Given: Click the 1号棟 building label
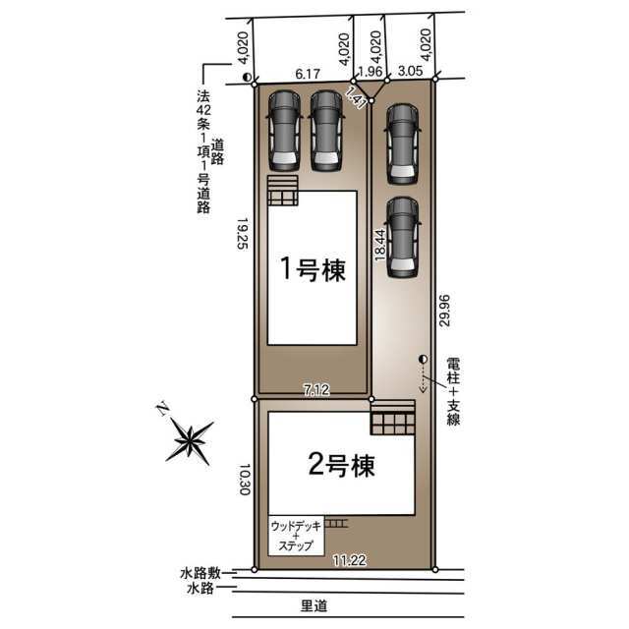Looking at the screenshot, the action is pyautogui.click(x=313, y=268).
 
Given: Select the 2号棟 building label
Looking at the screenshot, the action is pyautogui.click(x=342, y=465).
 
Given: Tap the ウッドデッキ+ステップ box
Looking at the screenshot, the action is pyautogui.click(x=296, y=536).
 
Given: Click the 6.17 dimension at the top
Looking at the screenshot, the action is pyautogui.click(x=308, y=74).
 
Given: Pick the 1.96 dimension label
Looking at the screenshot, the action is pyautogui.click(x=370, y=72).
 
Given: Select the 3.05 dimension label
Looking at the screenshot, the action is pyautogui.click(x=411, y=71).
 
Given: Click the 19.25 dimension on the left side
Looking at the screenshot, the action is pyautogui.click(x=243, y=234).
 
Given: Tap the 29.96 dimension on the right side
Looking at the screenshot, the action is pyautogui.click(x=444, y=311).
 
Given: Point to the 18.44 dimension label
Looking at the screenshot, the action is pyautogui.click(x=380, y=245).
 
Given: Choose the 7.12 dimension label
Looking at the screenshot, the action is pyautogui.click(x=316, y=390).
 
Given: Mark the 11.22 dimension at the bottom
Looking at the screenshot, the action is pyautogui.click(x=350, y=560).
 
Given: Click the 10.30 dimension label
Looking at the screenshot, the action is pyautogui.click(x=245, y=480).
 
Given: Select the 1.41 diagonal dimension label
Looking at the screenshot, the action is pyautogui.click(x=356, y=96).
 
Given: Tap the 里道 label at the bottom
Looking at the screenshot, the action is pyautogui.click(x=314, y=605).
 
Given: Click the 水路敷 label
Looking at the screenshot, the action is pyautogui.click(x=200, y=573).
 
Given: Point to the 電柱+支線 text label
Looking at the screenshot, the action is pyautogui.click(x=453, y=391).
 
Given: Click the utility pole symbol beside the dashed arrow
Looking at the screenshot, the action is pyautogui.click(x=423, y=359).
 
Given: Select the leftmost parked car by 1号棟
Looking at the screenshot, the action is pyautogui.click(x=284, y=131).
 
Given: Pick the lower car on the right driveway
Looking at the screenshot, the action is pyautogui.click(x=402, y=238).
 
